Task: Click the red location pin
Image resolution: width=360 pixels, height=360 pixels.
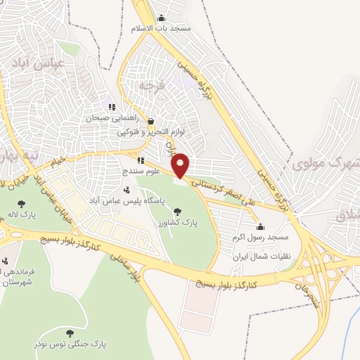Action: pos(181,165)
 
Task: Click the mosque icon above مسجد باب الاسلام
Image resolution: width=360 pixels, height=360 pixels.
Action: pos(161,18)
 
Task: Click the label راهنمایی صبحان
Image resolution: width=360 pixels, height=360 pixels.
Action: pos(110,118)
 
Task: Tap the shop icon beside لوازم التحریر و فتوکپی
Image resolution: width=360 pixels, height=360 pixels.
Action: pos(151,121)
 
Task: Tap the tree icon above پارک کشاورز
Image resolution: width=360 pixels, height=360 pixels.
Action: pos(176,211)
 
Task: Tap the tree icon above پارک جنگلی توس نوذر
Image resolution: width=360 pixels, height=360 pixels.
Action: pos(69,333)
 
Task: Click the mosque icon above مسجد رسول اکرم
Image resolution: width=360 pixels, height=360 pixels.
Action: pos(260,226)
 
